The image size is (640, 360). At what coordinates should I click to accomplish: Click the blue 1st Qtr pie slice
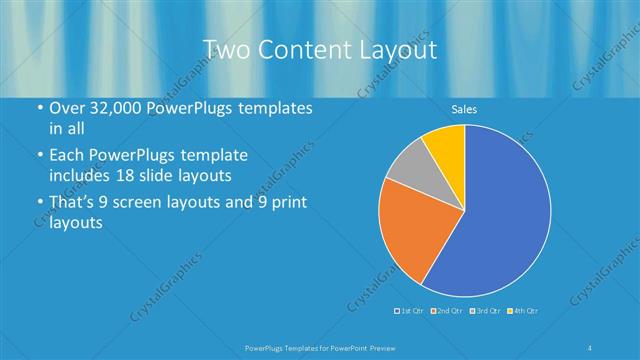pyautogui.click(x=500, y=215)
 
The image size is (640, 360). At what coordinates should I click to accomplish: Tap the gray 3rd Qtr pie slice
pyautogui.click(x=408, y=171)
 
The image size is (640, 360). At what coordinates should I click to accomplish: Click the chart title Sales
pyautogui.click(x=464, y=107)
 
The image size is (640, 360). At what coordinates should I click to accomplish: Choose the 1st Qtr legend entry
pyautogui.click(x=410, y=311)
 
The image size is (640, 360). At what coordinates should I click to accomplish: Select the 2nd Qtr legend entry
pyautogui.click(x=446, y=311)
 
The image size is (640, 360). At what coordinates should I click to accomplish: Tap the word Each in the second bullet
pyautogui.click(x=69, y=156)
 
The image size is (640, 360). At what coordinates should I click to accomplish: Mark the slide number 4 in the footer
pyautogui.click(x=590, y=346)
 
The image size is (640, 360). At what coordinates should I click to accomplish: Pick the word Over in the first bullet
pyautogui.click(x=68, y=109)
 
